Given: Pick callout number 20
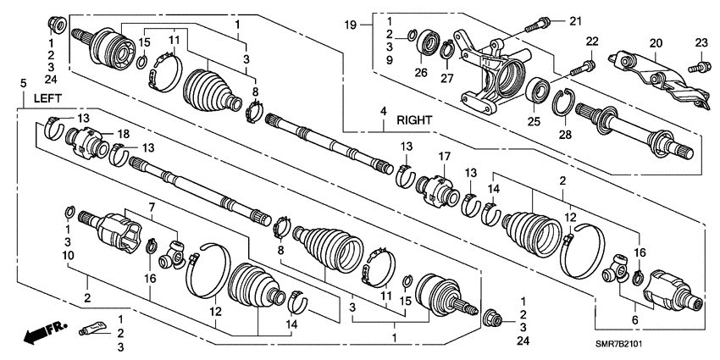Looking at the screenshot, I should click(x=654, y=42).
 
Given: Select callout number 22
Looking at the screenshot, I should click(x=591, y=42).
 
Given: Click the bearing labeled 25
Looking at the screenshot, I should click(x=535, y=91).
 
